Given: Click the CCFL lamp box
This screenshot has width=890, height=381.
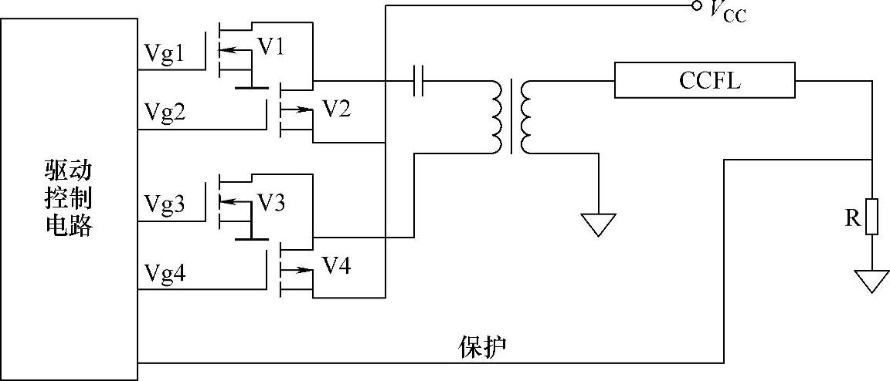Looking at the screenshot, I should (705, 80).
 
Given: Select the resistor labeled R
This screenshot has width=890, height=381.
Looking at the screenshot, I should (871, 216).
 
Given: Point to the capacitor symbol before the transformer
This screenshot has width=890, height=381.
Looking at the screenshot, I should (420, 80).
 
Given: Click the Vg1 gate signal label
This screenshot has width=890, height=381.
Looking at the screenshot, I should (164, 52).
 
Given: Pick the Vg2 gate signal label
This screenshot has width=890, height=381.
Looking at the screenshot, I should (165, 113).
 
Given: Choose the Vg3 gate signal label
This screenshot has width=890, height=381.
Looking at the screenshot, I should (165, 204).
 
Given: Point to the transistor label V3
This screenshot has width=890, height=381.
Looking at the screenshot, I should (270, 203).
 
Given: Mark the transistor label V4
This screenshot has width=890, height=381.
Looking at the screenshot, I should (336, 265).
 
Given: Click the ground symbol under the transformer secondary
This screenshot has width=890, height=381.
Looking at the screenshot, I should (598, 224).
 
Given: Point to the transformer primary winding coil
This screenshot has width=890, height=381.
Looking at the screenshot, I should (495, 116).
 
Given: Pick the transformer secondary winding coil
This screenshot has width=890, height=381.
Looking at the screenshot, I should (528, 116).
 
